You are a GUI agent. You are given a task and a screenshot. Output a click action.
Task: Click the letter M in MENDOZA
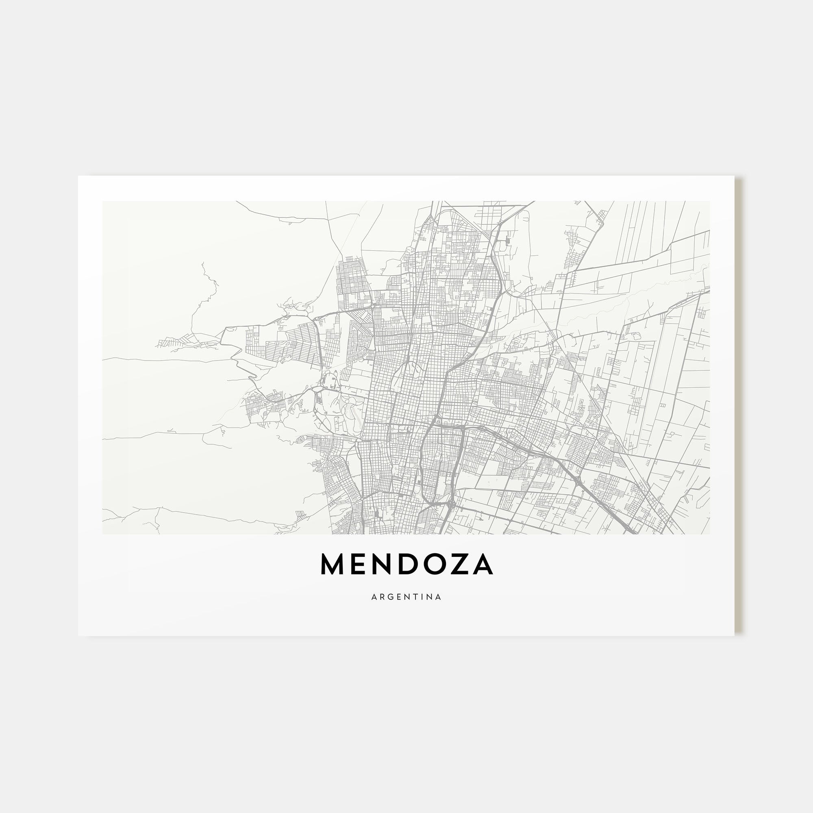[332, 564]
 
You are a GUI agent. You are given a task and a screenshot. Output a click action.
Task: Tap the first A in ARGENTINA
[374, 597]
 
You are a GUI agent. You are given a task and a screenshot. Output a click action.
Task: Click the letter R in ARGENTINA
[382, 597]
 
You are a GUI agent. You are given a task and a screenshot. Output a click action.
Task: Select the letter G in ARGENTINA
[391, 597]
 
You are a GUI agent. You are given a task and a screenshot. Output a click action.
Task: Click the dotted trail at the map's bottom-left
[148, 524]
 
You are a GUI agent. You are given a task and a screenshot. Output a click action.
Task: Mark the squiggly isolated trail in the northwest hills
[206, 286]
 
